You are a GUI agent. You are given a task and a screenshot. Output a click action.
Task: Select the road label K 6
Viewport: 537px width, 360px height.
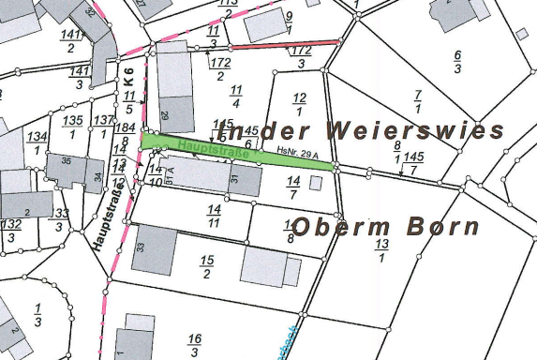click(128, 79)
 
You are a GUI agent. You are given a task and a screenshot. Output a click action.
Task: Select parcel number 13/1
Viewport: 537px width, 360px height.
click(381, 249)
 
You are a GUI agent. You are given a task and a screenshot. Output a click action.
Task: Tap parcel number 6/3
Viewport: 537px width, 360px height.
click(456, 63)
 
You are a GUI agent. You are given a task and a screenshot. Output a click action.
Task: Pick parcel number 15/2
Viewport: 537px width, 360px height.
click(206, 265)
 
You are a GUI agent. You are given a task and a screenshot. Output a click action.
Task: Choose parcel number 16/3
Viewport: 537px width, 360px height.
click(194, 344)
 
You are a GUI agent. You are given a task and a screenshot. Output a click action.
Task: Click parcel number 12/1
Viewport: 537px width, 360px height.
click(299, 103)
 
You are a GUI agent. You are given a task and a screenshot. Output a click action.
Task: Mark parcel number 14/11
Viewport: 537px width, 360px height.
click(215, 215)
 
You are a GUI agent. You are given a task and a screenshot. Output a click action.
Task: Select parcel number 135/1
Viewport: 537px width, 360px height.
click(73, 127)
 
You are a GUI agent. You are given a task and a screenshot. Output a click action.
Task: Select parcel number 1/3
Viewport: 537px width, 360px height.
click(38, 315)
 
